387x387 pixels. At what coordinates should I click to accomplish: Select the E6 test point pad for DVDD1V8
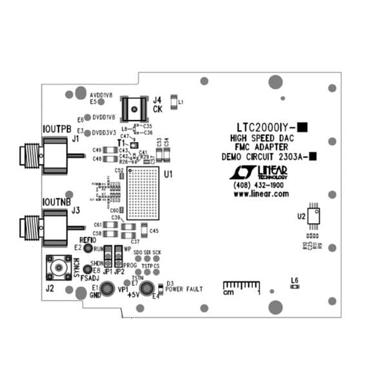(x=88, y=118)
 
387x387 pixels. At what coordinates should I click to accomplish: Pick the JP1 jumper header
(x=108, y=256)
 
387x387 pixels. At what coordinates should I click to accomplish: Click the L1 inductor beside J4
(x=173, y=101)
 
